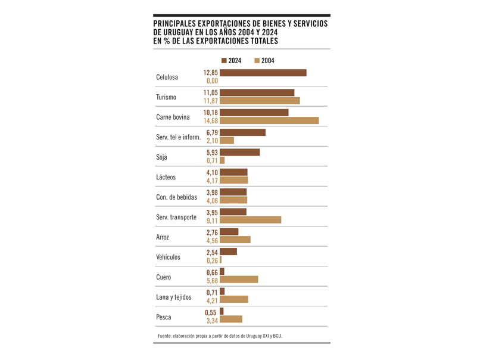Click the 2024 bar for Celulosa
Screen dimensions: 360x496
tap(263, 73)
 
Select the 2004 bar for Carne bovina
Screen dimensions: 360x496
tap(269, 120)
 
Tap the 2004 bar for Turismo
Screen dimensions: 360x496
tap(260, 101)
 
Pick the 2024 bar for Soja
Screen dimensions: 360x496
tap(239, 152)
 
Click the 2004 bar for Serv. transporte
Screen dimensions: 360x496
tap(250, 220)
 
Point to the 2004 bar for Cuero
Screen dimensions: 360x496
tap(239, 280)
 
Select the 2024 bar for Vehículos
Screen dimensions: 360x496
tap(228, 252)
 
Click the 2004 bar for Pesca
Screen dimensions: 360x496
tap(231, 319)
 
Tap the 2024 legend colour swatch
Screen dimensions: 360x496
tap(224, 60)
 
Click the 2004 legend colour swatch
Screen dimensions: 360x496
tap(257, 60)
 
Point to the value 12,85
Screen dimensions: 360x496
tap(211, 73)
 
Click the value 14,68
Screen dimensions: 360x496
tap(211, 121)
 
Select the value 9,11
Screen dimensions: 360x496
tap(212, 221)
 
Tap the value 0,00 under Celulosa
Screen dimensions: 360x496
tap(212, 81)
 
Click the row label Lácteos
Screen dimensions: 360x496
tap(166, 178)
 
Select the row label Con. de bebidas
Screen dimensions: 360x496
tap(176, 197)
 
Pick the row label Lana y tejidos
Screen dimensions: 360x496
tap(173, 297)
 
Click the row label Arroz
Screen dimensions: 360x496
tap(163, 237)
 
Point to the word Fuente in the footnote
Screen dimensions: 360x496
tap(166, 336)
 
